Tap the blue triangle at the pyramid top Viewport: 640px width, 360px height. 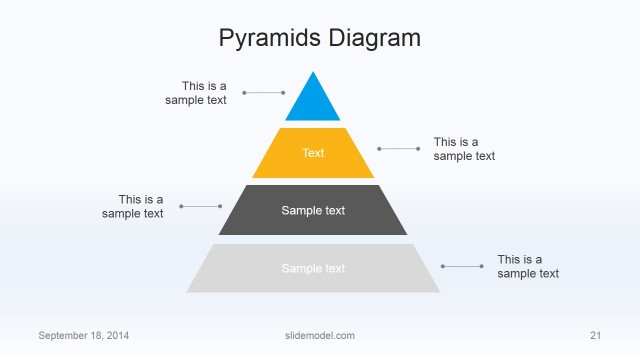pos(313,101)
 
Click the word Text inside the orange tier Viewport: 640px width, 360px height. pos(313,153)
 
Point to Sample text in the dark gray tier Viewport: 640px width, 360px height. pos(313,210)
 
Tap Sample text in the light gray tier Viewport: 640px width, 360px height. pos(313,268)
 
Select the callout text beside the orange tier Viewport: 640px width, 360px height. pos(464,149)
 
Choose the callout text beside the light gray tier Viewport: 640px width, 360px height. pos(528,266)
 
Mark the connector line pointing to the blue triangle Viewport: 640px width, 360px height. pos(264,93)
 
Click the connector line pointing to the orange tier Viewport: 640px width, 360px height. pos(399,148)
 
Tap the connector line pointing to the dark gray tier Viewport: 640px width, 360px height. pos(201,206)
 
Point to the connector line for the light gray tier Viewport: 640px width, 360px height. pos(462,266)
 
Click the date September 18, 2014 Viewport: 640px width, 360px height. pos(83,335)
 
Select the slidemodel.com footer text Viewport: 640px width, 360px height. pos(313,335)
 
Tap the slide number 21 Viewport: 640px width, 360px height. pos(595,335)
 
